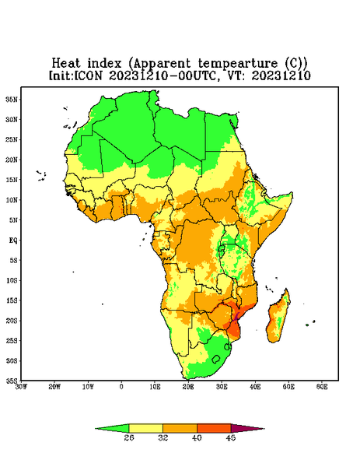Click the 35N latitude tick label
coord(12,99)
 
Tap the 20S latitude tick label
coord(12,321)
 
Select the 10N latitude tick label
coord(12,200)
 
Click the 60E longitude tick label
coord(322,387)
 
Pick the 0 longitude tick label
coord(121,387)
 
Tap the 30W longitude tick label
coord(21,387)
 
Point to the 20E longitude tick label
coord(188,387)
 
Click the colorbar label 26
coord(129,437)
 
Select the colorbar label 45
coord(231,437)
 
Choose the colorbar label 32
coord(163,437)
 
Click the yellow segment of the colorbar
coord(145,428)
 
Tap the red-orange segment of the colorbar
coord(214,428)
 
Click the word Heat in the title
coord(66,64)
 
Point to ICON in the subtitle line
coord(88,75)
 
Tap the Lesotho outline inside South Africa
coord(216,359)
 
